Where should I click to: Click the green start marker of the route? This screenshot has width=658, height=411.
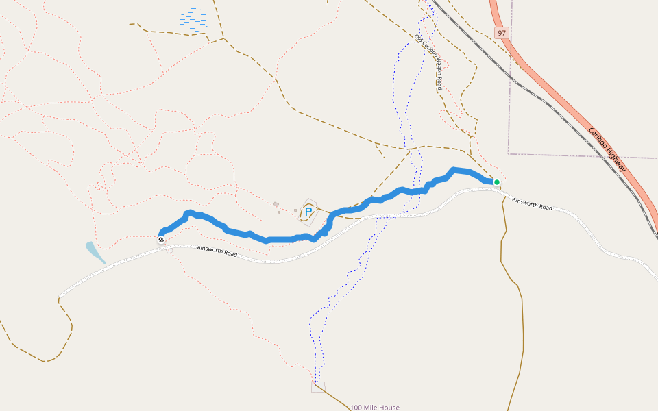[496, 182]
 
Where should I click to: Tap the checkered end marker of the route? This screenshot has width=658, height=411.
[161, 240]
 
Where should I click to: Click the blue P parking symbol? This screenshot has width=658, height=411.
[308, 212]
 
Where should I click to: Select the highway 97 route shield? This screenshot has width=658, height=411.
[502, 33]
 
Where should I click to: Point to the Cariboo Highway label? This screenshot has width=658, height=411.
[607, 150]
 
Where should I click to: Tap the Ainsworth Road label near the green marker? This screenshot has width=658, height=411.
[533, 203]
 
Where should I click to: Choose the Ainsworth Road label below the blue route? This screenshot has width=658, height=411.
[217, 251]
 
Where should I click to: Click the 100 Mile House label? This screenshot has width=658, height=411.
[374, 408]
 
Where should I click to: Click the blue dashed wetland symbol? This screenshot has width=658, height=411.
[193, 21]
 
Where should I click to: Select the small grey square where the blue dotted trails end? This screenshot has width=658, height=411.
[318, 386]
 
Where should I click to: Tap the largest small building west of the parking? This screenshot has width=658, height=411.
[276, 204]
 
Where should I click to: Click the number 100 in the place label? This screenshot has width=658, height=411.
[356, 408]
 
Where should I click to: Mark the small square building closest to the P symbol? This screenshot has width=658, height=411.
[295, 210]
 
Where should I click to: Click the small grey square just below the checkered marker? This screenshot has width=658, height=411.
[169, 249]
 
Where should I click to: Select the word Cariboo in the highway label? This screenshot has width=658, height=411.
[598, 138]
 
